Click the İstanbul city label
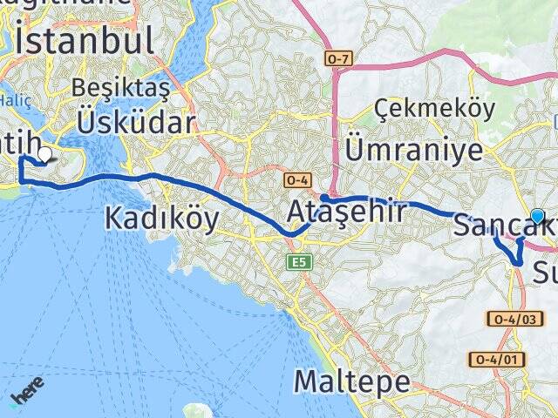(84, 40)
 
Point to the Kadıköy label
(162, 218)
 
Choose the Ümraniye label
(414, 149)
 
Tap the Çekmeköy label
(435, 109)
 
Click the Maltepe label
(352, 381)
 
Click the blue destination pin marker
(537, 217)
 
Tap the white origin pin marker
(44, 154)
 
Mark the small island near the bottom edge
(196, 410)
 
